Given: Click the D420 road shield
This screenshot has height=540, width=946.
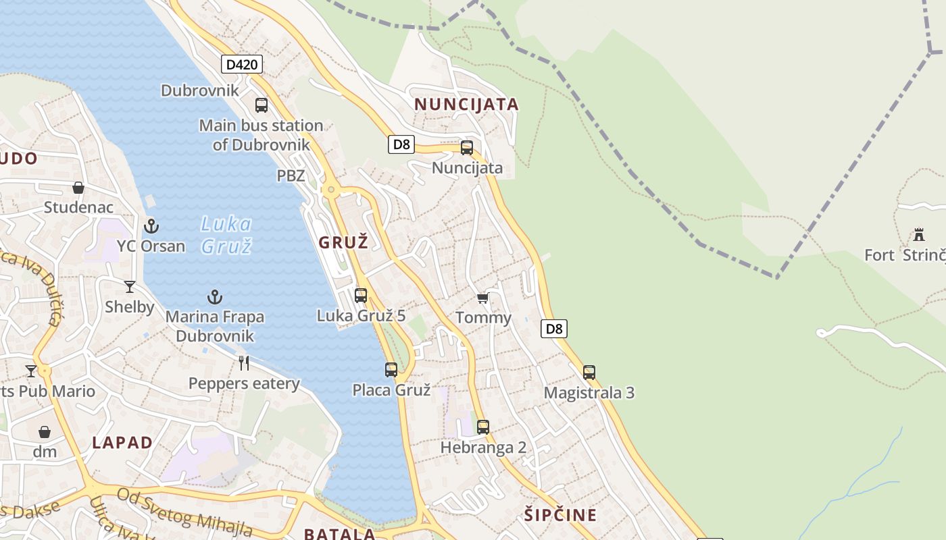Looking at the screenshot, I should [241, 65].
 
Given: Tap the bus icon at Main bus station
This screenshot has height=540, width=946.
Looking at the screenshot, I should [262, 105].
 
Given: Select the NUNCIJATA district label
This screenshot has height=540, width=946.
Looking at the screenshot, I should [466, 105].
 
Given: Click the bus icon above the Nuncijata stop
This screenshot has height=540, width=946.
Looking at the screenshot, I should [467, 148].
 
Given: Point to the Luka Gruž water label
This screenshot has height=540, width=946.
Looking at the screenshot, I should [226, 234].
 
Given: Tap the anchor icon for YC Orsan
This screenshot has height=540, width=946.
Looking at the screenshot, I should [151, 225].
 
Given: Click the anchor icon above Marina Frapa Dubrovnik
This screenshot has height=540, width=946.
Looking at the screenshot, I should [215, 297].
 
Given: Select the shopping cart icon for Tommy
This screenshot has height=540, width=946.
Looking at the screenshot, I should [482, 298].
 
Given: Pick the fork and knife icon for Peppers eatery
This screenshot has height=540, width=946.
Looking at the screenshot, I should [244, 363].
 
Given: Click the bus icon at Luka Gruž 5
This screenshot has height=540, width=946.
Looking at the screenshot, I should [361, 295].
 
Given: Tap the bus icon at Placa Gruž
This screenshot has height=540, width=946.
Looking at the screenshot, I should [391, 369].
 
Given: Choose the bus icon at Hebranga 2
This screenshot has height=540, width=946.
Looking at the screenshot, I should [482, 427].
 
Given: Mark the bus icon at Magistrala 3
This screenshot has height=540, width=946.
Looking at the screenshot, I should [589, 372].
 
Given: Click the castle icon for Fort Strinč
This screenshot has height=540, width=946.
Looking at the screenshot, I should [919, 234].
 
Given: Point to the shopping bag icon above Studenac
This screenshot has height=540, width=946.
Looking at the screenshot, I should [78, 188].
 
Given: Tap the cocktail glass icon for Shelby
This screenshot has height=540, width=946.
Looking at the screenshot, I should [130, 287].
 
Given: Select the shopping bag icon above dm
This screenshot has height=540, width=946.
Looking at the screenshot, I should [45, 432].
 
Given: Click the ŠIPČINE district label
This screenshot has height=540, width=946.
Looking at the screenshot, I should [560, 515].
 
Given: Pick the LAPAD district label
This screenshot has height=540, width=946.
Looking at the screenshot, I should [122, 443].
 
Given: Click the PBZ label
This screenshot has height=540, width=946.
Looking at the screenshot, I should [291, 176].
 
